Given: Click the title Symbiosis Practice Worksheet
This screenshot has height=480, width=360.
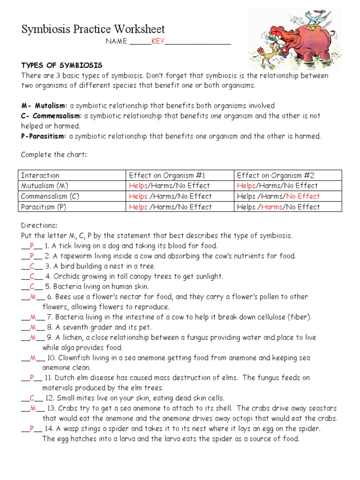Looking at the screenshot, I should [93, 30].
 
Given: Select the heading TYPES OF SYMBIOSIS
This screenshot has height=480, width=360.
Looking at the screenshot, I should [61, 65].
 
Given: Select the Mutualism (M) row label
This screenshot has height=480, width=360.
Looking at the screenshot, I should [45, 186].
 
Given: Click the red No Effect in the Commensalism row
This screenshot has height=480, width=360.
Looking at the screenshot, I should [303, 196].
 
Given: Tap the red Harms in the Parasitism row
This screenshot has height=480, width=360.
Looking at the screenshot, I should [271, 207].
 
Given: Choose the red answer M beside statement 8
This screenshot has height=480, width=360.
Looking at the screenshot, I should [33, 327].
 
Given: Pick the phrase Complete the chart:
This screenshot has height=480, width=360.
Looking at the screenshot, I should [54, 155].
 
